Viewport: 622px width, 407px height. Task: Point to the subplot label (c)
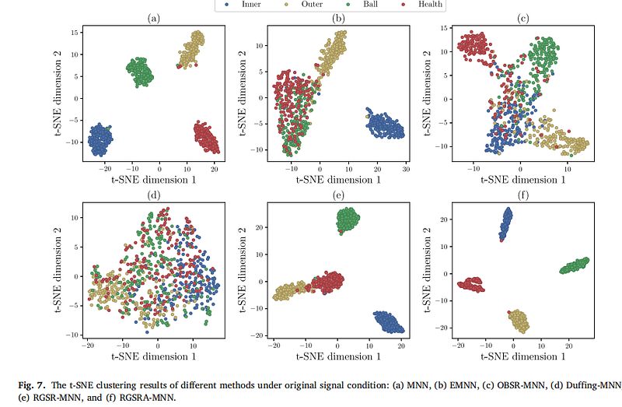click(522, 18)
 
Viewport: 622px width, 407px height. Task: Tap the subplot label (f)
click(522, 195)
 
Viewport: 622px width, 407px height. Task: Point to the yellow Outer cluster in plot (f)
click(517, 320)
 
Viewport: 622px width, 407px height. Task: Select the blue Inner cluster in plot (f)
click(506, 224)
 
